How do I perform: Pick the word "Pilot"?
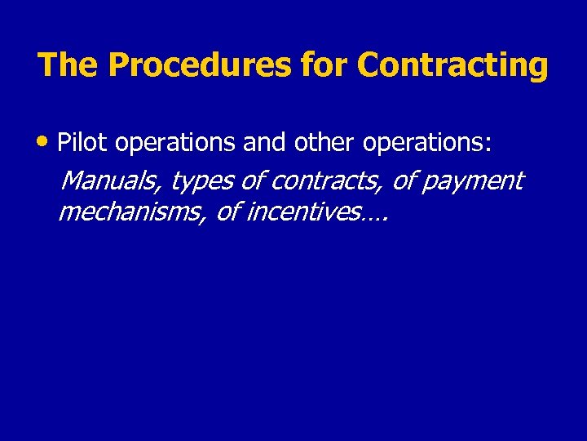pyautogui.click(x=83, y=143)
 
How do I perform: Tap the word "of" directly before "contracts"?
pyautogui.click(x=254, y=180)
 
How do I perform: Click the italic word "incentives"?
pyautogui.click(x=302, y=212)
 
